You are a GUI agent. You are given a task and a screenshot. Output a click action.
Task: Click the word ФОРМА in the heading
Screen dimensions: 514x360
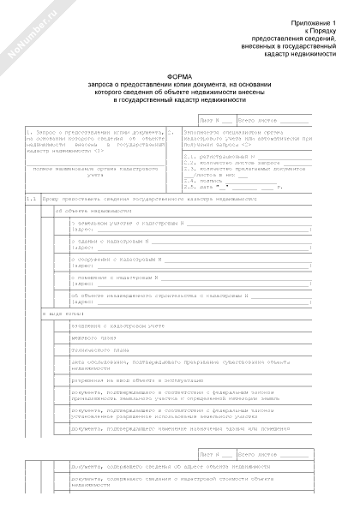tap(179, 75)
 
